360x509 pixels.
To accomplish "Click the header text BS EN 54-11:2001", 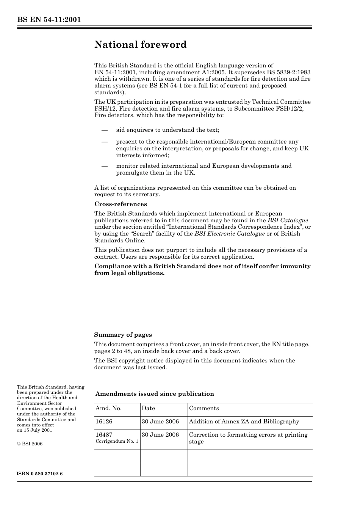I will tap(49, 20).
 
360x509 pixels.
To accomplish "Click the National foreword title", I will tap(140, 45).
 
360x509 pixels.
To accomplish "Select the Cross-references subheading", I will tap(121, 204).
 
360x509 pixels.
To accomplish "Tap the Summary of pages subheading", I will tap(123, 335).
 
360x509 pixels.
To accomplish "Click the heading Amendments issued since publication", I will tap(155, 394).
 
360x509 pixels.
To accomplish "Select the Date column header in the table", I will tap(148, 408).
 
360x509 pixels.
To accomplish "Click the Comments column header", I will tap(204, 408).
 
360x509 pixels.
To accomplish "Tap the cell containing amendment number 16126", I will tap(104, 422).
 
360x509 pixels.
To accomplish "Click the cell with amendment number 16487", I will tap(104, 435).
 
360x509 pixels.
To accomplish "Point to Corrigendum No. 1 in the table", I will tap(117, 442).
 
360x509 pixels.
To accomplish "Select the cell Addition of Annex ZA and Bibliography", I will tap(244, 422).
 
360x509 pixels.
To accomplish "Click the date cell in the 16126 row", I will tap(160, 422).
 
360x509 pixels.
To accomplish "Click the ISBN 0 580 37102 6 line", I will tap(40, 474).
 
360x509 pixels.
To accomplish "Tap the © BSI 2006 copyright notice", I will tap(30, 444).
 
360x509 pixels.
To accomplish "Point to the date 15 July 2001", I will tap(38, 430).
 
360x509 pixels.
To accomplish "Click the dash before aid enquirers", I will tap(105, 130).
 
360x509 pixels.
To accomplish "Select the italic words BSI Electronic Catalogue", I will tap(230, 234).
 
